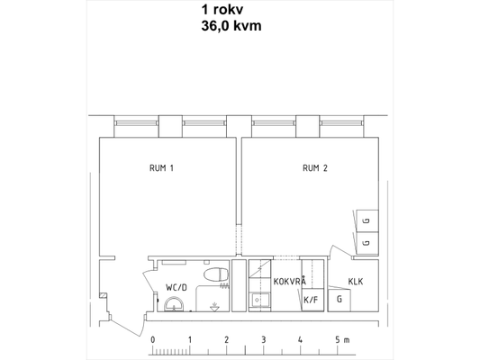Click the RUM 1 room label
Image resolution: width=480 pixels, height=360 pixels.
(x=161, y=168)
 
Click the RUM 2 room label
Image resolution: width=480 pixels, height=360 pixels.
(x=315, y=168)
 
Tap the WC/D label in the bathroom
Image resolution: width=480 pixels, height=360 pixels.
(x=177, y=287)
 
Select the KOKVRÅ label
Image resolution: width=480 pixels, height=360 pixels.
(x=290, y=281)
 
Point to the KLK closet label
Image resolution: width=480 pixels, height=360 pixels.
(x=356, y=282)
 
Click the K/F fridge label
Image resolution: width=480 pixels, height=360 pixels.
(x=311, y=300)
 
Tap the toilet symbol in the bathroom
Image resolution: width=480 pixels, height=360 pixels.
(x=216, y=274)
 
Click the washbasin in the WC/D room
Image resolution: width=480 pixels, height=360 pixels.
(x=174, y=304)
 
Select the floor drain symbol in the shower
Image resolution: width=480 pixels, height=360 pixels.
(x=214, y=307)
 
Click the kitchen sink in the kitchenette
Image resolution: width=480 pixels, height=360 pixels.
(x=259, y=301)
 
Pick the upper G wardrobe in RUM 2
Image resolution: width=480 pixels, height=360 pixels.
(x=367, y=220)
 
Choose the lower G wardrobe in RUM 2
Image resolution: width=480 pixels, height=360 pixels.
(x=367, y=243)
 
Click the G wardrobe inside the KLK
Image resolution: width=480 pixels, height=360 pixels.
(x=340, y=300)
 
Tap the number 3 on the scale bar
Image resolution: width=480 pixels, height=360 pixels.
(x=263, y=340)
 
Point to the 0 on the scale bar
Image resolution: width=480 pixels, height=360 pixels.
(x=153, y=340)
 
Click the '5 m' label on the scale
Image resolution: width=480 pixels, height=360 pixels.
(x=342, y=340)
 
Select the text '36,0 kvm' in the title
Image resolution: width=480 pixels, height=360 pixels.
(x=231, y=26)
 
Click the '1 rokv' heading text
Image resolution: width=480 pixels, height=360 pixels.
(x=222, y=10)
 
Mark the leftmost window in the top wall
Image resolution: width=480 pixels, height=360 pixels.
(x=136, y=123)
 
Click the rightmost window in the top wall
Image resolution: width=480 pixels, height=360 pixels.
(x=341, y=123)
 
